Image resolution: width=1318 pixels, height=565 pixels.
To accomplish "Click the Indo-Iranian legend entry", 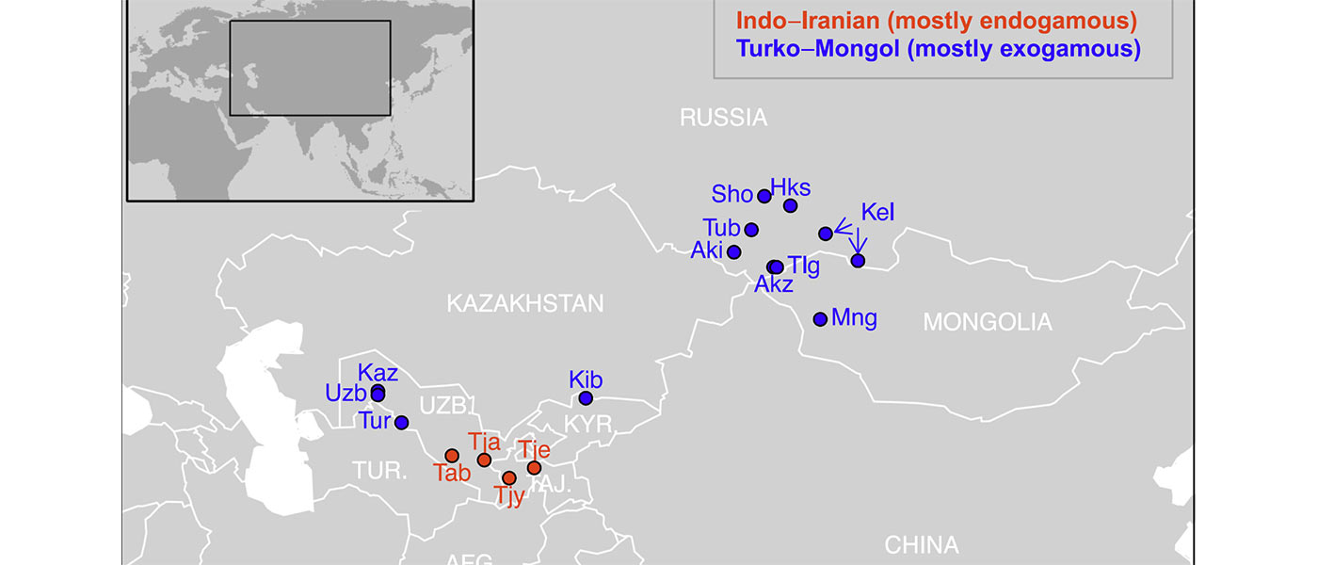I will [x=937, y=21].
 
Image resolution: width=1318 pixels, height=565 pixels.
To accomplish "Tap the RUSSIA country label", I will [x=723, y=118].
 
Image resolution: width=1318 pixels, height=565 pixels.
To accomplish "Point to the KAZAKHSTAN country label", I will [x=524, y=303].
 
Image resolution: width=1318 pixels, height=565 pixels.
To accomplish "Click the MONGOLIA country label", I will [x=987, y=323].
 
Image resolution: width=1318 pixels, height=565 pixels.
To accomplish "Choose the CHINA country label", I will [x=921, y=544].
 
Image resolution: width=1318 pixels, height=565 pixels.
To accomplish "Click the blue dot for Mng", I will [x=820, y=319].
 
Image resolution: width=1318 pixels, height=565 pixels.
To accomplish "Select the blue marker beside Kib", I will [x=585, y=398].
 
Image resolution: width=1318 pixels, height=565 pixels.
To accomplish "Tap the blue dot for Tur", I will [x=401, y=423].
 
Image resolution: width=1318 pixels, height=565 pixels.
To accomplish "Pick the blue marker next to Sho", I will [x=764, y=196].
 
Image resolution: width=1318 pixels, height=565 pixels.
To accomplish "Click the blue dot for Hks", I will [x=791, y=205].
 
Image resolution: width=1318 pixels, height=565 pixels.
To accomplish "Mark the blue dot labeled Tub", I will [x=751, y=230].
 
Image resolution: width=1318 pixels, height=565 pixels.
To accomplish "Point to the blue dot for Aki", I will [x=734, y=251].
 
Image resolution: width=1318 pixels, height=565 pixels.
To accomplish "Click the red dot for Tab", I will [x=452, y=456].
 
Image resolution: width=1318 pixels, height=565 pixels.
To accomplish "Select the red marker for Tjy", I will [x=509, y=477].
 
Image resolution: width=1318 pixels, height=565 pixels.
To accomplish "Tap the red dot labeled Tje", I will [x=534, y=468].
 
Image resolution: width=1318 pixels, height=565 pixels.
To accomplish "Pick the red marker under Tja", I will [x=484, y=460].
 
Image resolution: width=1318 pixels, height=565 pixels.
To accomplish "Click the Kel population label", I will [x=877, y=213].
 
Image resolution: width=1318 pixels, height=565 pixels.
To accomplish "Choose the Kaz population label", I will [x=378, y=373].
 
